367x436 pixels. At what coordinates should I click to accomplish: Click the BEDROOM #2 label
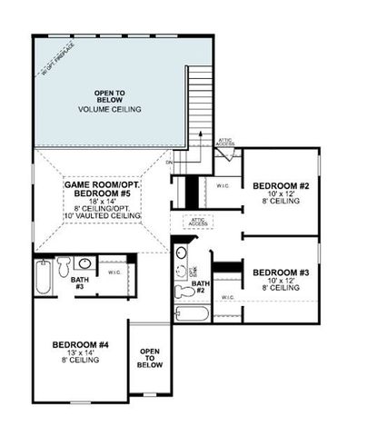[x=281, y=186]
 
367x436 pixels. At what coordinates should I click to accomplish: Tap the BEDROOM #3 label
[x=281, y=272]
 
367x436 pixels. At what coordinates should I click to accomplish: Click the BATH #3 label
[x=80, y=282]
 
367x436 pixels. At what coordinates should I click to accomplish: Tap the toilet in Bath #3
[x=64, y=266]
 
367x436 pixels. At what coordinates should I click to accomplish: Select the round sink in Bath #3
[x=84, y=263]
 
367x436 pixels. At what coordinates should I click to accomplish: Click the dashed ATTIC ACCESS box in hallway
[x=197, y=221]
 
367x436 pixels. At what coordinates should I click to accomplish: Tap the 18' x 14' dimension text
[x=103, y=199]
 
